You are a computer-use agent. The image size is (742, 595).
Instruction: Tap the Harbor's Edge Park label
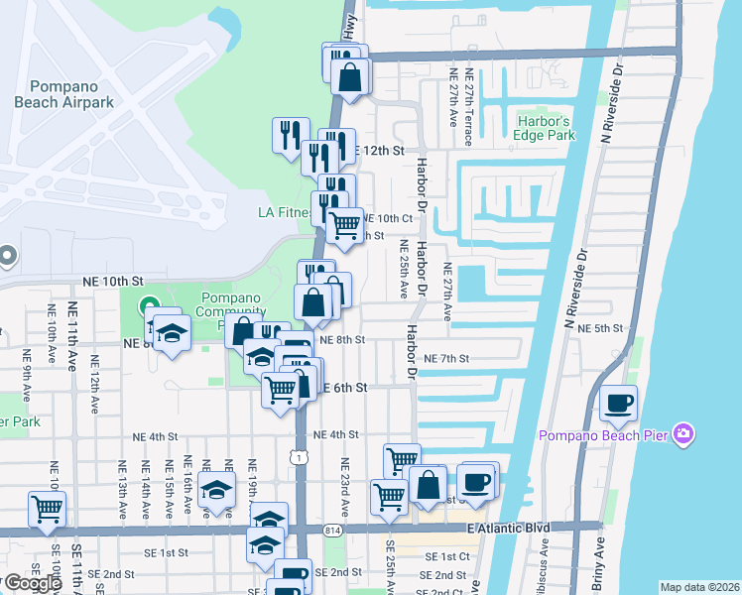tap(546, 128)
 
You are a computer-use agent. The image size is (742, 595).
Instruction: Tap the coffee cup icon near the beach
tap(618, 403)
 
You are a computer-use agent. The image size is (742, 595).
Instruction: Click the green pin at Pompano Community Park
tap(150, 305)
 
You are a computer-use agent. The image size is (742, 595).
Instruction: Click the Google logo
tap(32, 582)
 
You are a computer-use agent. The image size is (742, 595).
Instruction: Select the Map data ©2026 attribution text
tap(700, 587)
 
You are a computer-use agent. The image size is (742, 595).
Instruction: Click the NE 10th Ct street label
tap(387, 218)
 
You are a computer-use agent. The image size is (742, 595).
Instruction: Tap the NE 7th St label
tap(445, 358)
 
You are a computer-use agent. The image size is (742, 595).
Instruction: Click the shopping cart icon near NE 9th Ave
tap(47, 510)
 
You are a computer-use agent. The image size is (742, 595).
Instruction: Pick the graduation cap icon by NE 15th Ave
tap(216, 491)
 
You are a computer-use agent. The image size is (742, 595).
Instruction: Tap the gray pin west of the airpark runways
tap(5, 257)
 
